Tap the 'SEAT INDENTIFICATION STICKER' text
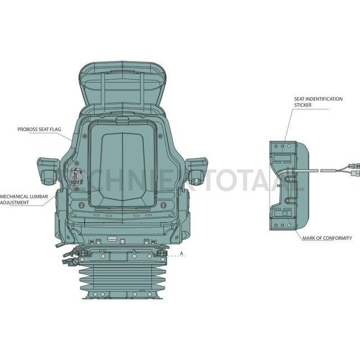coord(318,102)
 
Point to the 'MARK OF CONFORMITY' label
coord(326,238)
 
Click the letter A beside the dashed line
coord(182,254)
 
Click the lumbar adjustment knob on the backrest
coord(75,177)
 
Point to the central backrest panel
coord(122,166)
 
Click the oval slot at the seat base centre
coord(112,239)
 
